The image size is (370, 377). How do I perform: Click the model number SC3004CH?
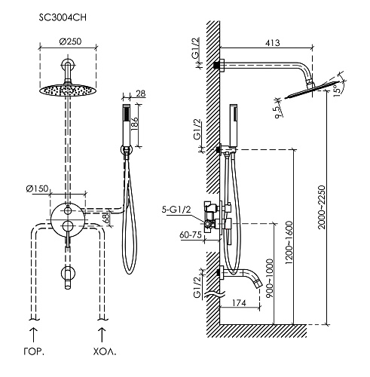point(63,17)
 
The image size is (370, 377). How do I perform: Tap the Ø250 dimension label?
point(71,41)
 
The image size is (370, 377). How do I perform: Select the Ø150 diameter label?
point(37,188)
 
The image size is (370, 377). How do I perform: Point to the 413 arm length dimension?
point(273,43)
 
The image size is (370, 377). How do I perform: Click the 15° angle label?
point(338,88)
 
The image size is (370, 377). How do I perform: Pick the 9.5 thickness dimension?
point(279,112)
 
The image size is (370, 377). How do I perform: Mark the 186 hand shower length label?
point(134,124)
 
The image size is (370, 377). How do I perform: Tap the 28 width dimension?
point(141,93)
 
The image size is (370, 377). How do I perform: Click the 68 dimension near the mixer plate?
point(106,219)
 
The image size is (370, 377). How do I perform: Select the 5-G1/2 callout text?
point(176,210)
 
